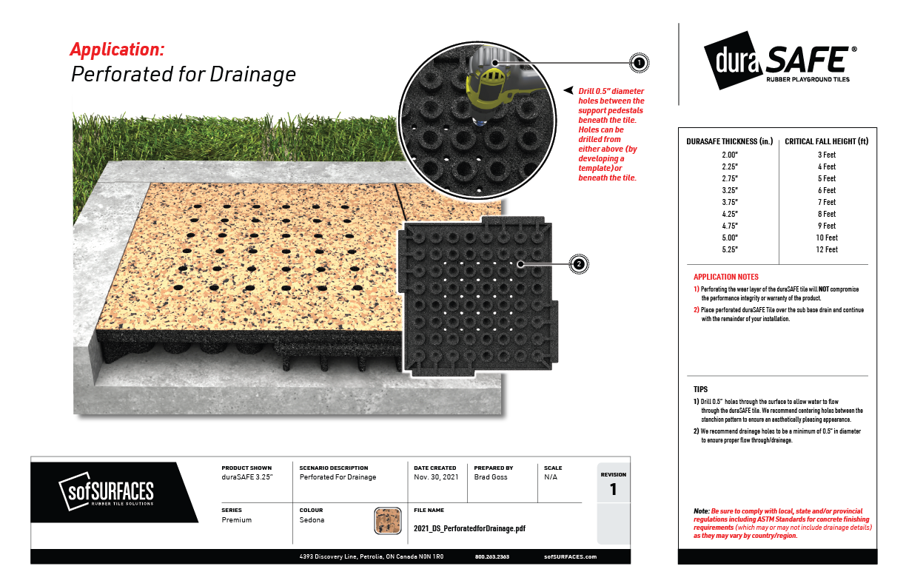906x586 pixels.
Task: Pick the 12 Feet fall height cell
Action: click(x=827, y=249)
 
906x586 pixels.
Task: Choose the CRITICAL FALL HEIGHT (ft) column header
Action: click(x=826, y=141)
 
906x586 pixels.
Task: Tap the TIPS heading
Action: click(x=700, y=389)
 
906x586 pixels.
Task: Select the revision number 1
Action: click(x=613, y=489)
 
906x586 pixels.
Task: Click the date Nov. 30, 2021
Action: click(x=436, y=477)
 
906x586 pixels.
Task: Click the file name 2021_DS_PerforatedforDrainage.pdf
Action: click(x=470, y=529)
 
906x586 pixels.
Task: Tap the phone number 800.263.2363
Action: click(x=491, y=556)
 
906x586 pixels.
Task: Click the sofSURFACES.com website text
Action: click(x=570, y=556)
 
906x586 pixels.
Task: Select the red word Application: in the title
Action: click(x=117, y=50)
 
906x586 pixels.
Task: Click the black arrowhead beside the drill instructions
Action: click(x=568, y=90)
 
